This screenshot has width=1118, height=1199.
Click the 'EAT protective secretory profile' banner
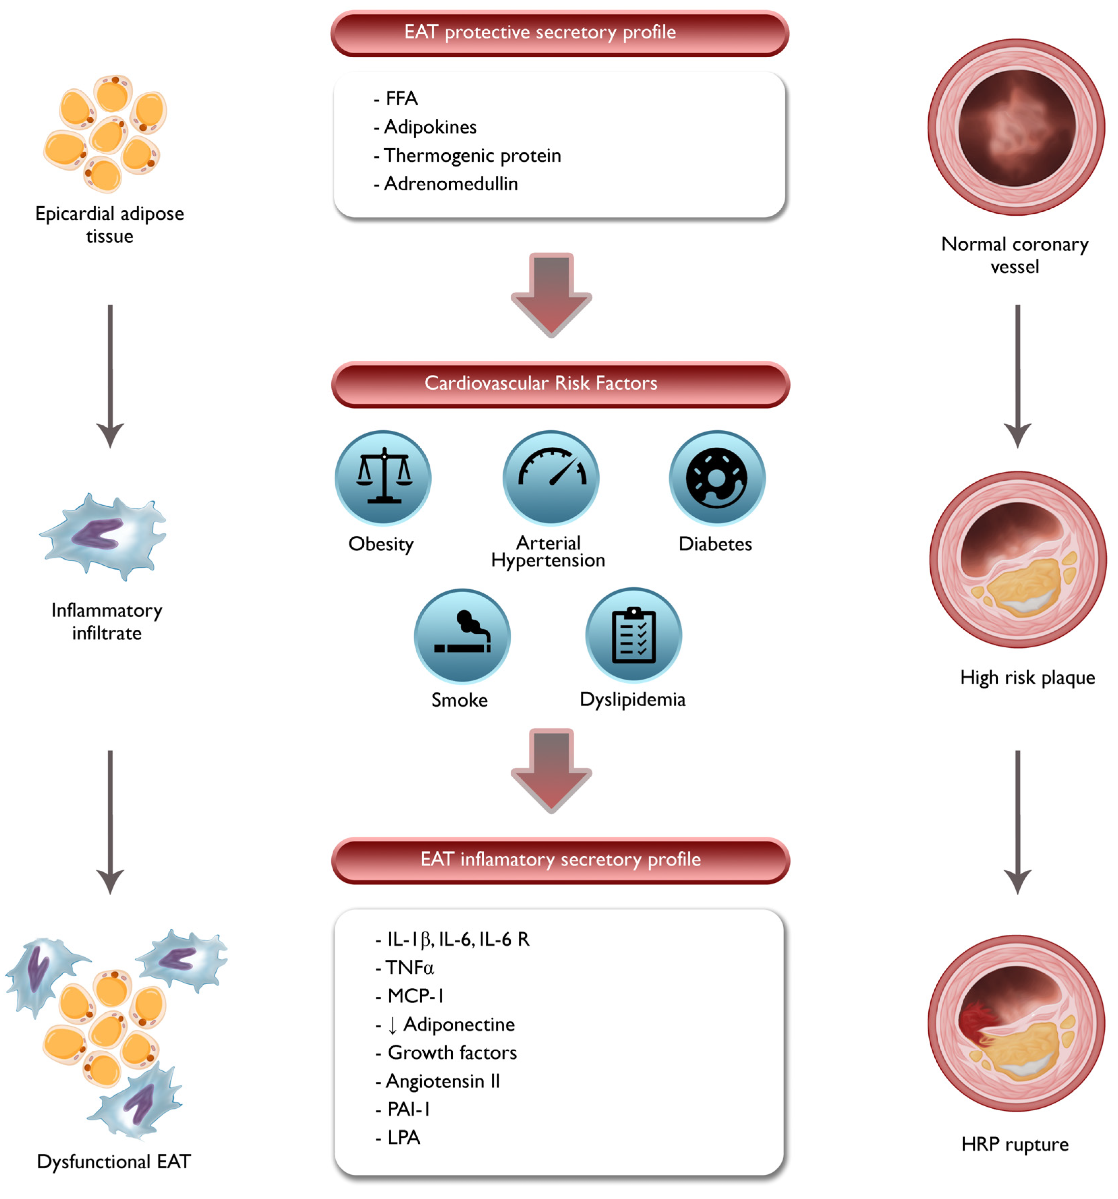(x=559, y=33)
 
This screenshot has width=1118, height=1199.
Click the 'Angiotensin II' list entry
(x=442, y=1081)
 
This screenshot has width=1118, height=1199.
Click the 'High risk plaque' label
(x=1027, y=677)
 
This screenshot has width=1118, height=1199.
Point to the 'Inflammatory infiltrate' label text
(x=107, y=621)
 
